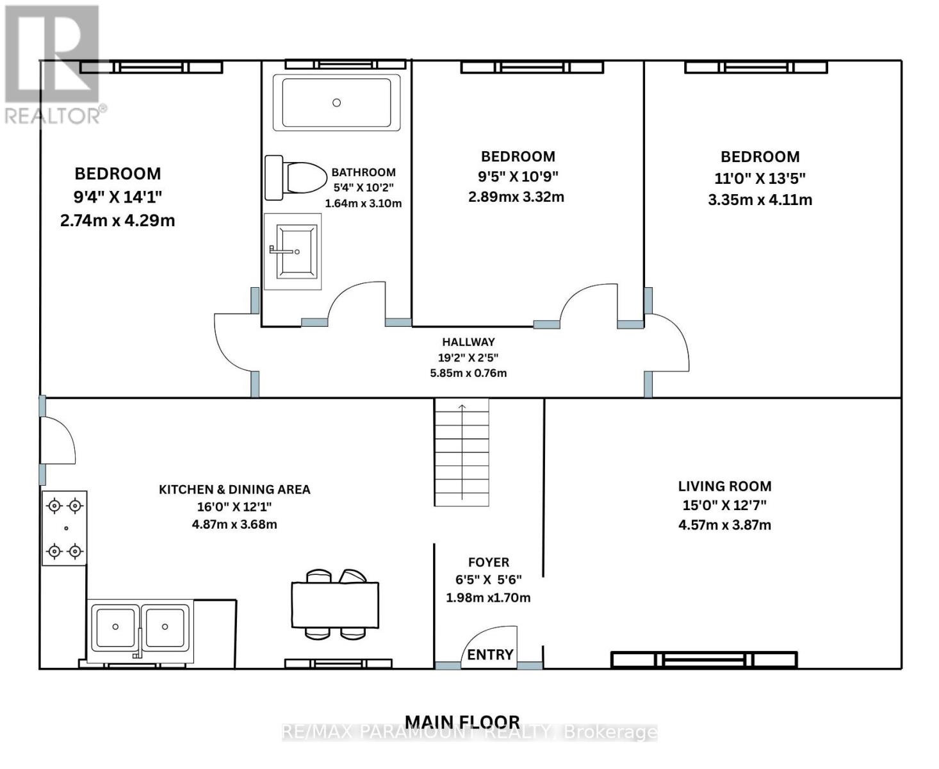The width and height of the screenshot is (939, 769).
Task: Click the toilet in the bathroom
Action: (296, 178)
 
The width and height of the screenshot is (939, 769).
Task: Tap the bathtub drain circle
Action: (337, 103)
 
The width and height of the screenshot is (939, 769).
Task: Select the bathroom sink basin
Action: (297, 252)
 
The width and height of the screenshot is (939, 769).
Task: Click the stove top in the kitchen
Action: (65, 529)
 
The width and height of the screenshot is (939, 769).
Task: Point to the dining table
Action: (335, 604)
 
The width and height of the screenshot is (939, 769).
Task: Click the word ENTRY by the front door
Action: (490, 654)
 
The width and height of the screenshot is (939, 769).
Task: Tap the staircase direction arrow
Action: (462, 452)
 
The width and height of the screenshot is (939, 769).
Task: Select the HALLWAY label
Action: (468, 342)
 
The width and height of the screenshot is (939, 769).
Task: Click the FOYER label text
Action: (489, 562)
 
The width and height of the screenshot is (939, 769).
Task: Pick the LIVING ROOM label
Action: (725, 486)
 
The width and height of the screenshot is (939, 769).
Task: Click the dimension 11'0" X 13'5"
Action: (760, 179)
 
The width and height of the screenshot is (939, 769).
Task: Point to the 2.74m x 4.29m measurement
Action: (118, 220)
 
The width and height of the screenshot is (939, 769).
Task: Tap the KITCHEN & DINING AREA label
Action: (234, 489)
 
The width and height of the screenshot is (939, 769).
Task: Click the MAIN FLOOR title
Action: (462, 722)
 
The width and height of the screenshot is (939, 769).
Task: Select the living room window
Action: (704, 660)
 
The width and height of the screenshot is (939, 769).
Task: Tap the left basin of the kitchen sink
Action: (115, 627)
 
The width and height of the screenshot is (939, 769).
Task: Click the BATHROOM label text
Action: (363, 172)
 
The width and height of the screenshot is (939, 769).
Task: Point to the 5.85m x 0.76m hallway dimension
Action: (468, 373)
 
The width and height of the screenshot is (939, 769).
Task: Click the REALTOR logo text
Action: (52, 116)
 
